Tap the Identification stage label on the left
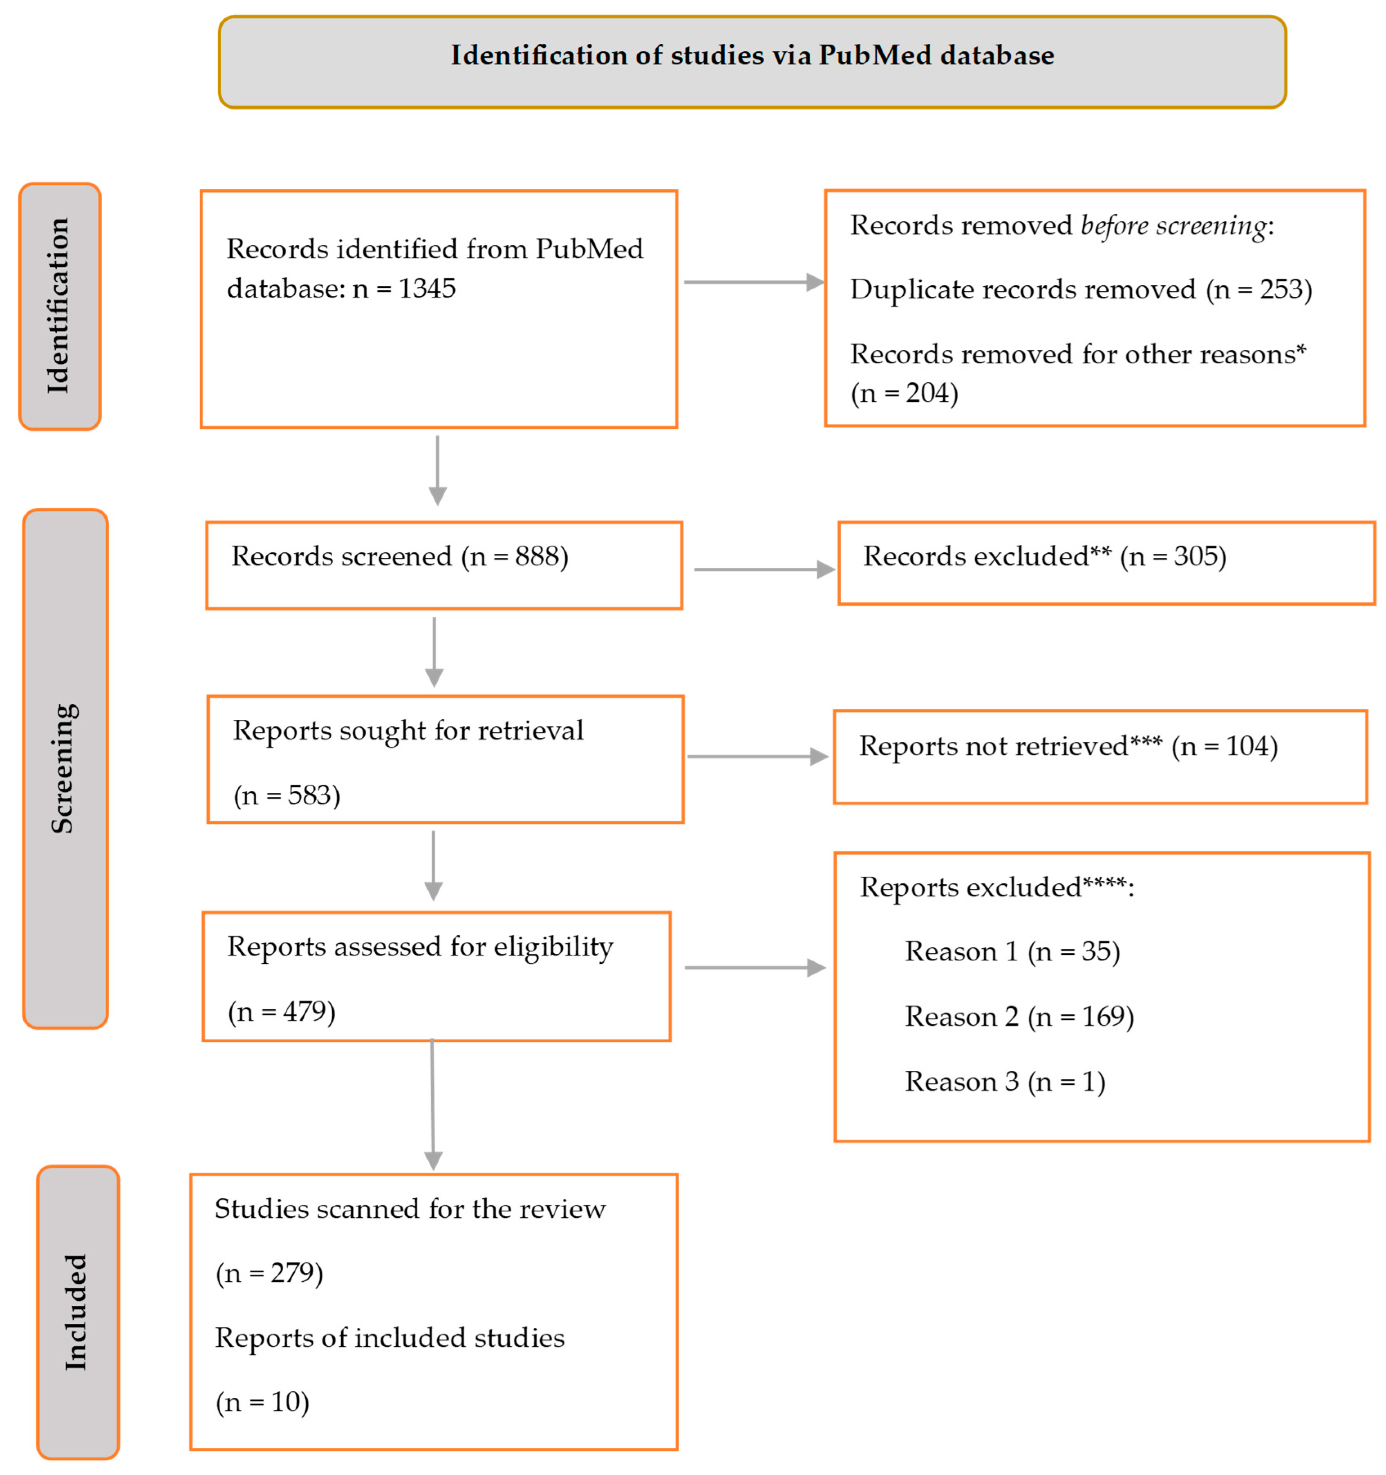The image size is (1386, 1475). click(58, 306)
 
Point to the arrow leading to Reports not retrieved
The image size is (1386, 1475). click(757, 756)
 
